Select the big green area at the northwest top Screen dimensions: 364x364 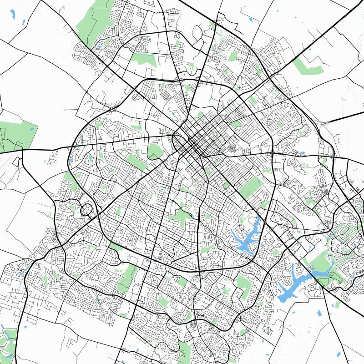[x=93, y=20]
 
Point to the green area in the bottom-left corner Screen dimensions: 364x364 [x=7, y=341]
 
